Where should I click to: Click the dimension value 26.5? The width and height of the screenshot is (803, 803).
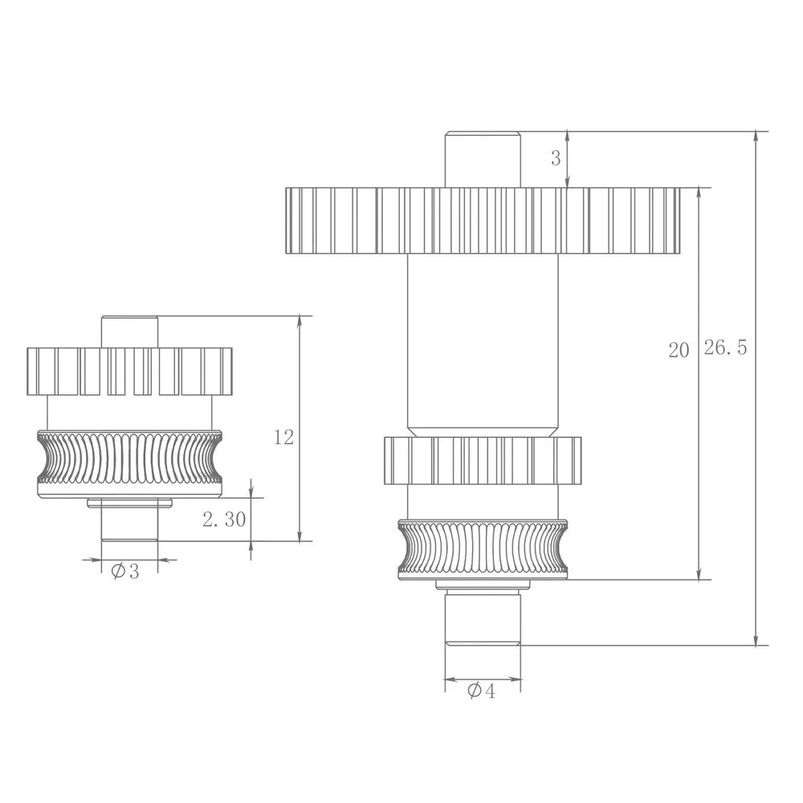click(x=726, y=349)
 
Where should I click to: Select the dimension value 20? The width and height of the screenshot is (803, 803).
click(x=679, y=350)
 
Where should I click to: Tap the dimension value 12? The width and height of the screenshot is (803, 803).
click(x=283, y=437)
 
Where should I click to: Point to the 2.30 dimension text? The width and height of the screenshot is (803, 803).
click(x=224, y=520)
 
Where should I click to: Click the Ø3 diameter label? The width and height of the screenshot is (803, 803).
click(x=125, y=572)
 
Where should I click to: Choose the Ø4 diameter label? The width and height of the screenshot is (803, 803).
click(x=481, y=691)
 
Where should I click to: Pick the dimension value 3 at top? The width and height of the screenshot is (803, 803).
click(x=556, y=158)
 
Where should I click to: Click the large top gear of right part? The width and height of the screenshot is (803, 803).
click(x=483, y=220)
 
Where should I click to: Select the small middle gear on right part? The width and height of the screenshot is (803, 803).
click(x=482, y=460)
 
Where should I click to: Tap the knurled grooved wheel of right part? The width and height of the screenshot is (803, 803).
click(x=483, y=550)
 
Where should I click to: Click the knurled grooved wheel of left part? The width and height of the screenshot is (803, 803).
click(x=129, y=464)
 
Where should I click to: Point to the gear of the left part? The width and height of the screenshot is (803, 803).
click(x=129, y=371)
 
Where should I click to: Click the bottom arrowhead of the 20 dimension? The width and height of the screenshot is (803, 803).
click(x=701, y=574)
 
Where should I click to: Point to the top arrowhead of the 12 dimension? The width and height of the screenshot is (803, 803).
click(x=300, y=321)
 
